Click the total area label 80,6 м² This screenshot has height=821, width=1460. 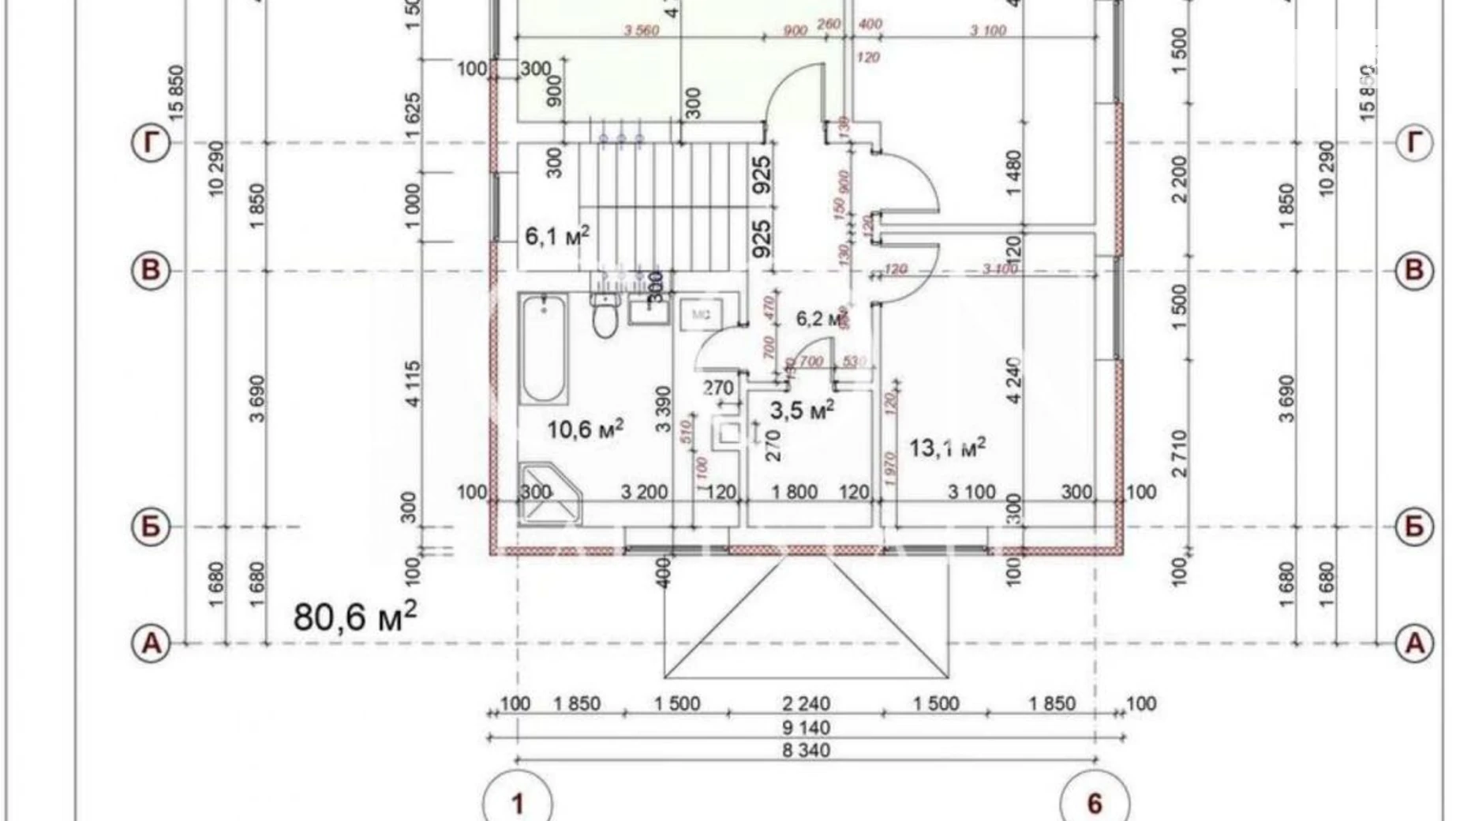tap(355, 616)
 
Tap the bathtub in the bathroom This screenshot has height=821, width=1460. tap(543, 349)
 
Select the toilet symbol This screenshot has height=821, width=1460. tap(605, 316)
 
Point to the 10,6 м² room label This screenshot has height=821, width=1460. tap(586, 430)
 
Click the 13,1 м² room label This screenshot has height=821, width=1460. tap(947, 448)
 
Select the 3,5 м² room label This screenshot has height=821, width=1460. tap(802, 410)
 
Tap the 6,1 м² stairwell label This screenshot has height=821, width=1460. tap(557, 235)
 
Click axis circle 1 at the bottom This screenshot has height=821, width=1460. tap(518, 804)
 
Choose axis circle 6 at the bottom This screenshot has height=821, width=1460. tap(1094, 804)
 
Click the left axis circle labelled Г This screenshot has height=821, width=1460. tap(151, 143)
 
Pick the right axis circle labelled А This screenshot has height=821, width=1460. tap(1414, 643)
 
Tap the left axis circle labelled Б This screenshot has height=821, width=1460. tap(151, 527)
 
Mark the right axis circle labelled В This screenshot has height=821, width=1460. tap(1414, 271)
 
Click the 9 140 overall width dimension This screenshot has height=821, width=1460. tap(806, 727)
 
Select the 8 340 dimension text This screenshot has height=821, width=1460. tap(806, 750)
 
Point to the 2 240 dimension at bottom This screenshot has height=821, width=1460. tap(806, 703)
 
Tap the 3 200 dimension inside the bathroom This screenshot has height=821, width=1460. tap(644, 493)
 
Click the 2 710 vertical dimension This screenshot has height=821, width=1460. tap(1179, 454)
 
